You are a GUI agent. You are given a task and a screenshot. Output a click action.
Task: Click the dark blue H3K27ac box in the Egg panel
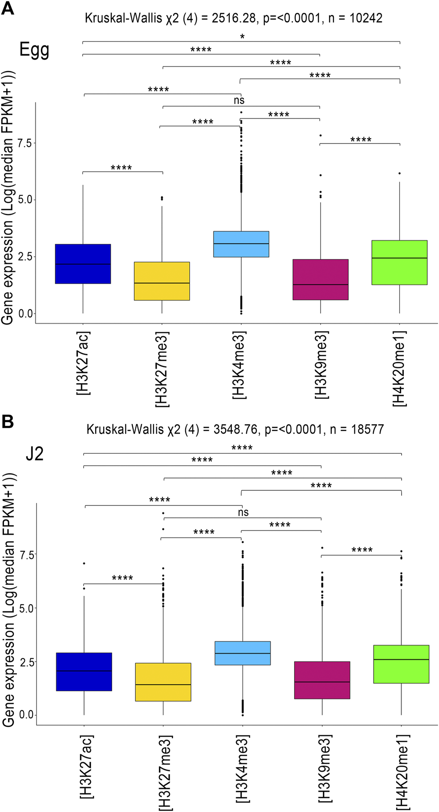83,264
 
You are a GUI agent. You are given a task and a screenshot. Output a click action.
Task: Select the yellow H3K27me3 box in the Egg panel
162,281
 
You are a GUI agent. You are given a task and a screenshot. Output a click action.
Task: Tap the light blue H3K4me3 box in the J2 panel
243,653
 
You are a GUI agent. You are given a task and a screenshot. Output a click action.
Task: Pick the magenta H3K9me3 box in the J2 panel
322,680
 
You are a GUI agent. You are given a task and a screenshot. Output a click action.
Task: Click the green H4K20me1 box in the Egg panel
400,263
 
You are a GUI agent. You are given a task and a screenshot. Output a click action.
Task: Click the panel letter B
8,421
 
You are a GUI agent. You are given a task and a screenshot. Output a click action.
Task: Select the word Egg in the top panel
34,50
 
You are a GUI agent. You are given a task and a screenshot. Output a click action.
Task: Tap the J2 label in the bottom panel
34,454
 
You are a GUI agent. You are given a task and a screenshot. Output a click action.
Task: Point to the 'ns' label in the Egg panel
239,101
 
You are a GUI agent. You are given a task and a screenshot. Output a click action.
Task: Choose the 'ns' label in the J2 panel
243,512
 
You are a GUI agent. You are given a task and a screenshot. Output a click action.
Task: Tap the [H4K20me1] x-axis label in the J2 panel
402,772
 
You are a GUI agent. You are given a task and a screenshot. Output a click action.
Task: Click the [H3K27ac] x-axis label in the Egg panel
83,363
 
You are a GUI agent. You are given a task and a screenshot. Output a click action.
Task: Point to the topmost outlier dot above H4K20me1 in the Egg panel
400,173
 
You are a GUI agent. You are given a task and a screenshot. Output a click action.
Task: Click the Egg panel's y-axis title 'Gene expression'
8,271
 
